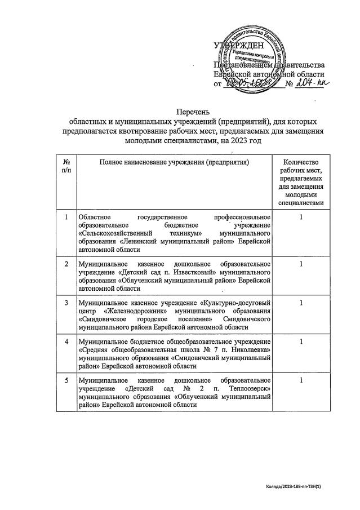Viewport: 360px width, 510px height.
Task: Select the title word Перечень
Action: pos(180,112)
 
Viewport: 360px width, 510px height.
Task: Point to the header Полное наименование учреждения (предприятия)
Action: pos(174,162)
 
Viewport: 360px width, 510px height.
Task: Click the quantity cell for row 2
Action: pos(302,264)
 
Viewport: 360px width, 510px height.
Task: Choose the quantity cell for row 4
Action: pos(302,342)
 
